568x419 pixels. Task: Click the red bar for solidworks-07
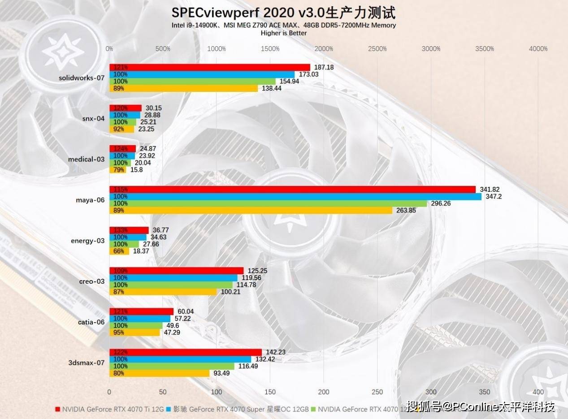click(209, 67)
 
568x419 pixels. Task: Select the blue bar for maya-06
click(295, 197)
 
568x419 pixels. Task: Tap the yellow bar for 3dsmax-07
click(159, 373)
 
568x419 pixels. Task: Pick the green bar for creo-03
click(171, 285)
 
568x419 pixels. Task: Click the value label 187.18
click(324, 67)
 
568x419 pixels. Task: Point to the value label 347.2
click(493, 197)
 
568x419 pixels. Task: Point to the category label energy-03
click(88, 241)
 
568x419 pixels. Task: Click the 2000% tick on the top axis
click(324, 49)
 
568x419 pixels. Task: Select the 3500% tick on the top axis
click(485, 49)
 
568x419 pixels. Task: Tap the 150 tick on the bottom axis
click(270, 392)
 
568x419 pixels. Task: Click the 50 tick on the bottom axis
click(163, 392)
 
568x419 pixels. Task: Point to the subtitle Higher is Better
click(283, 33)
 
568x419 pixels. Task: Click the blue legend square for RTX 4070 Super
click(169, 409)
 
